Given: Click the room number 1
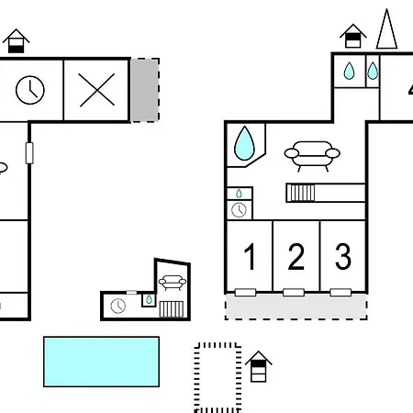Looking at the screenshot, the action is (x=251, y=256).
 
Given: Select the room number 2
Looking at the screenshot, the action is (x=296, y=256).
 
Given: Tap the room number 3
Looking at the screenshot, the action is (x=343, y=256).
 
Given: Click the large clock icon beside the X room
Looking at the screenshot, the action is (x=30, y=90).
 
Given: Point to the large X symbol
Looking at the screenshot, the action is (x=97, y=90).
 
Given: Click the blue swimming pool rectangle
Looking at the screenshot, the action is (x=101, y=362).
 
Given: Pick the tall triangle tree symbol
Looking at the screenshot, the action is (x=386, y=29).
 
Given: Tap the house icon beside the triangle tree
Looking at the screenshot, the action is (x=353, y=36).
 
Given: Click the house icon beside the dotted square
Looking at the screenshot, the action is (x=259, y=366).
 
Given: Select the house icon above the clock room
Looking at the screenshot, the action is (x=16, y=41).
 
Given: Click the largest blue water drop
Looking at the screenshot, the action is (x=244, y=143).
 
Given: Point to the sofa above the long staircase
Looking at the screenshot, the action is (x=312, y=155).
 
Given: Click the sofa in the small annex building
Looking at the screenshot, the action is (x=173, y=283).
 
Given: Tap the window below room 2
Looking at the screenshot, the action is (x=294, y=293).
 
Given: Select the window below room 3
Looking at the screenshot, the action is (x=340, y=293).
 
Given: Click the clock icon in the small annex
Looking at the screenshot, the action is (x=118, y=306).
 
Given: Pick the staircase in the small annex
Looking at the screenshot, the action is (x=172, y=309).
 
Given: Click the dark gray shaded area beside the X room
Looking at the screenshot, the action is (x=145, y=90).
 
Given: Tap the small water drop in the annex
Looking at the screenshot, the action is (x=149, y=299).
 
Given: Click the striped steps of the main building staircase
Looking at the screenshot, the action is (x=301, y=193).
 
